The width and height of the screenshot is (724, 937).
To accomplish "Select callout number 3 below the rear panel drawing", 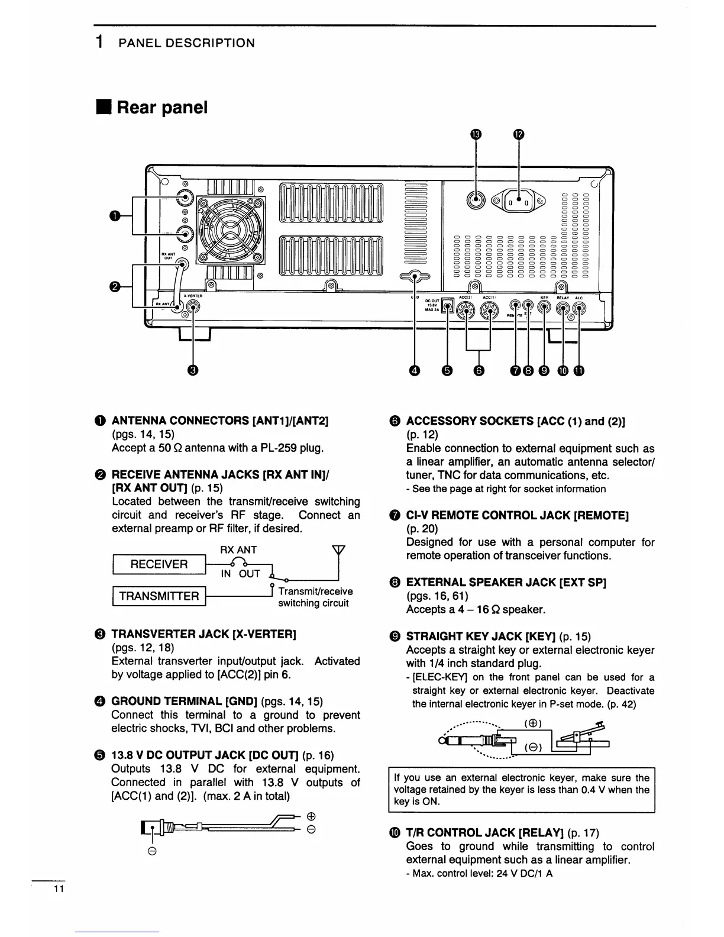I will pyautogui.click(x=192, y=370).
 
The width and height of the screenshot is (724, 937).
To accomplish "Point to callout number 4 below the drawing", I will pyautogui.click(x=415, y=370).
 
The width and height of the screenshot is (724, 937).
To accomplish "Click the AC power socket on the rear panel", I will pyautogui.click(x=519, y=201).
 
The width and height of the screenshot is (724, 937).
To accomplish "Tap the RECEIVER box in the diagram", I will pyautogui.click(x=159, y=564).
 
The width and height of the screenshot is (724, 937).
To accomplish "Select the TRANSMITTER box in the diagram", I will pyautogui.click(x=159, y=596).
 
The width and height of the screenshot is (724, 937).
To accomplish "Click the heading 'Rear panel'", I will pyautogui.click(x=161, y=108).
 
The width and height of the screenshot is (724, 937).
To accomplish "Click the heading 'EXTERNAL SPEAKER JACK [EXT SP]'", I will pyautogui.click(x=506, y=582).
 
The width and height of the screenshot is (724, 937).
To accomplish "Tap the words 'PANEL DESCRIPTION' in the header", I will pyautogui.click(x=186, y=43).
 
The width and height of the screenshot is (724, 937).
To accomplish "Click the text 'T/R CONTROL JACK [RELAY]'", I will pyautogui.click(x=485, y=833).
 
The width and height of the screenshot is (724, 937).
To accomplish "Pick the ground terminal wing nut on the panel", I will pyautogui.click(x=415, y=276).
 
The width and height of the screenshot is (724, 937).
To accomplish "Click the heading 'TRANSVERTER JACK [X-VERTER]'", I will pyautogui.click(x=203, y=634).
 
